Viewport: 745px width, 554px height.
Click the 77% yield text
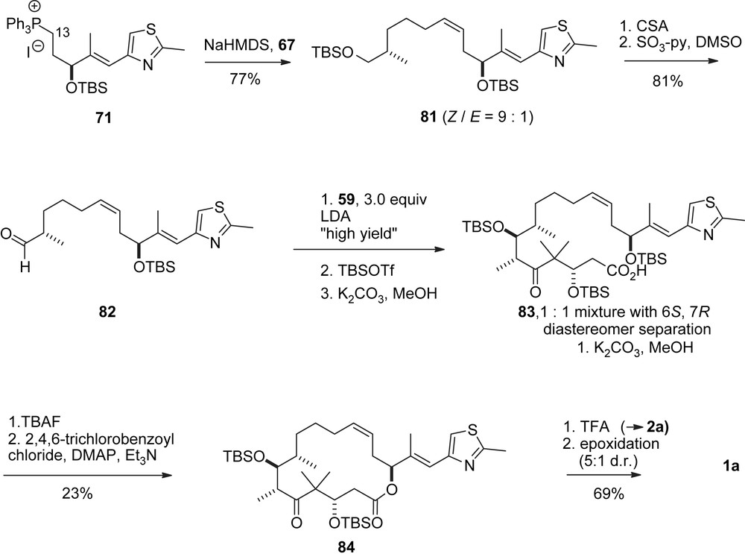click(x=244, y=78)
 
